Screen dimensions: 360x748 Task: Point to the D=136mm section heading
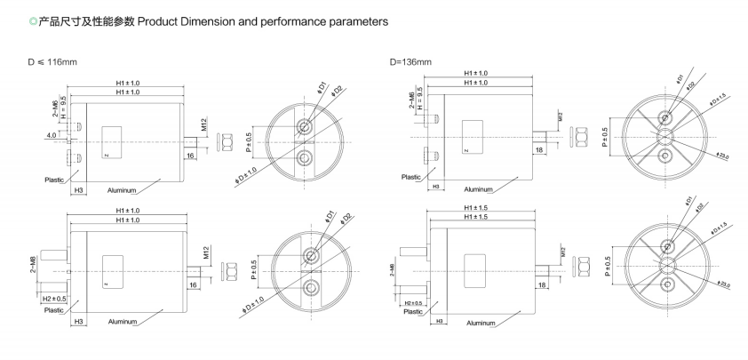point(410,63)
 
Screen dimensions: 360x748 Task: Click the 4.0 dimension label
point(52,135)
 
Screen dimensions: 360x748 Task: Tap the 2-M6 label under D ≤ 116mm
point(54,107)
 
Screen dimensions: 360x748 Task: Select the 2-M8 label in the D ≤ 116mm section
point(34,267)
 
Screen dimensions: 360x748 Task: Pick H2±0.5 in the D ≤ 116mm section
point(54,299)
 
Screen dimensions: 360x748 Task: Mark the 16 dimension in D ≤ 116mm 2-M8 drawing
point(192,285)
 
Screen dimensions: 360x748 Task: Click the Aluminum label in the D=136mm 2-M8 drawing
point(481,322)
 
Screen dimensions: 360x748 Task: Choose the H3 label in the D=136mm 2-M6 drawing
point(435,187)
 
